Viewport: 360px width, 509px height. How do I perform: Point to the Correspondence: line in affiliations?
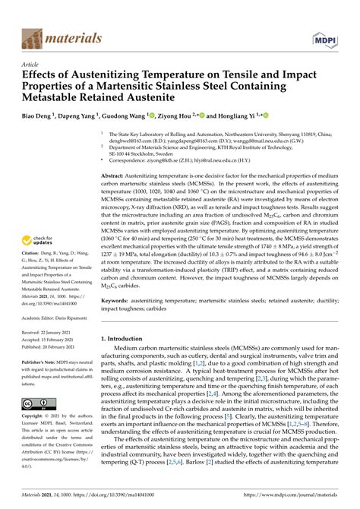point(190,160)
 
